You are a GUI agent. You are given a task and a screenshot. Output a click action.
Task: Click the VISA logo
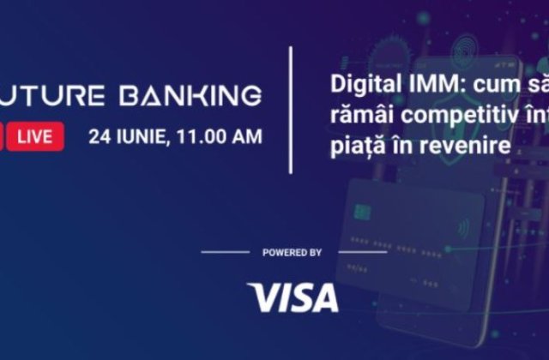(x=293, y=297)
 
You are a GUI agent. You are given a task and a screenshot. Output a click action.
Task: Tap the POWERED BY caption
(x=293, y=253)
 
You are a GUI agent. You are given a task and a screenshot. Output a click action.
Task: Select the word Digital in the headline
(x=356, y=87)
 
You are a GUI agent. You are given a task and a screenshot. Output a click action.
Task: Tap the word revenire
(x=471, y=147)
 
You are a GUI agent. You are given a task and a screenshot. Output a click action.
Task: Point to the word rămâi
(x=356, y=117)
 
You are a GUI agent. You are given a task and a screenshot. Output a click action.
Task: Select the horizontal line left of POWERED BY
(x=226, y=253)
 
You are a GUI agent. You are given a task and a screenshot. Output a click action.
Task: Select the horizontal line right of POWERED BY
(x=363, y=253)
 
